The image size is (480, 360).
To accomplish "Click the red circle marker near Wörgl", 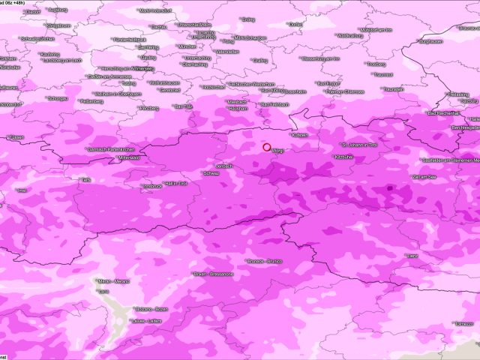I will tap(266, 147).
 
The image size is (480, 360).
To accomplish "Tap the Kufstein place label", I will tap(299, 136).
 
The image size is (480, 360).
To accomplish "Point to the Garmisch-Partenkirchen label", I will tap(113, 149).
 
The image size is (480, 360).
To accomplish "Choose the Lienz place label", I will tap(412, 256).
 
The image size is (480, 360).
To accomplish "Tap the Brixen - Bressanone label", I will tap(214, 274).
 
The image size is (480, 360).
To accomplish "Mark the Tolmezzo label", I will tap(462, 323).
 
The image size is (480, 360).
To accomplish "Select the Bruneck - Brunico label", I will tap(265, 262).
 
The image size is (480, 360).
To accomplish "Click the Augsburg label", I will tap(56, 9).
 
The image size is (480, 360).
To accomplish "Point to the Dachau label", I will tap(158, 26).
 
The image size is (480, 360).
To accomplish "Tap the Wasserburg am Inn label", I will tap(321, 58).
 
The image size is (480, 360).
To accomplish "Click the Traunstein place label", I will tap(393, 88).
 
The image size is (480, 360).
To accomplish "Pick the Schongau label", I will tap(58, 98).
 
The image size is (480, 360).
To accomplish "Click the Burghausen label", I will tap(434, 42).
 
